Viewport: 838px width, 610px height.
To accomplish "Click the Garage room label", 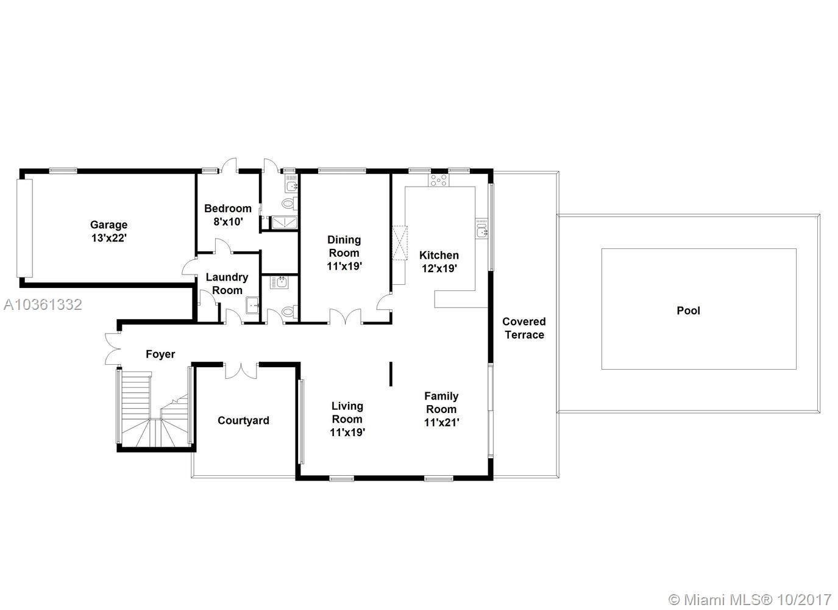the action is [109, 224].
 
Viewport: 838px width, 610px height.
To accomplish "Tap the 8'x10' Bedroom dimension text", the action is [228, 221].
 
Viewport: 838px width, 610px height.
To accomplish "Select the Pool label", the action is [688, 310].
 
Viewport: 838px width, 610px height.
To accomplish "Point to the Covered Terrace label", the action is [524, 328].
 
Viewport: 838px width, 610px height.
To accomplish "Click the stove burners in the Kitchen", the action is [439, 180].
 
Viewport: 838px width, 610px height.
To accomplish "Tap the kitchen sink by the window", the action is [482, 228].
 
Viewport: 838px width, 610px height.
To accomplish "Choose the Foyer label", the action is [160, 354].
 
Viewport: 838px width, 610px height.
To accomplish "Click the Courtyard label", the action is [244, 420].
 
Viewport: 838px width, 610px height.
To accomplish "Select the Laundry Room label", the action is [227, 284].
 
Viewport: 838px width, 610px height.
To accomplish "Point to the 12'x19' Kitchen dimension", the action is [439, 268].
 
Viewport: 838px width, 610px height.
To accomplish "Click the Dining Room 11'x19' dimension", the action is [344, 266].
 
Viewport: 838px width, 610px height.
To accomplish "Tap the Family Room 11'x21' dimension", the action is [441, 422].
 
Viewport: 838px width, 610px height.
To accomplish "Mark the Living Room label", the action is [347, 412].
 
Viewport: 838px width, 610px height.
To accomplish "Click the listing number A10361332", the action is [43, 305].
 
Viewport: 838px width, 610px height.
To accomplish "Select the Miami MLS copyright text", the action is [750, 600].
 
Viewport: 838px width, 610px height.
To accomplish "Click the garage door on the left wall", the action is [25, 228].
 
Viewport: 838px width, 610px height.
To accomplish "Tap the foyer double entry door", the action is [113, 349].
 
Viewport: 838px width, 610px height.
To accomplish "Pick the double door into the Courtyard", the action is [241, 371].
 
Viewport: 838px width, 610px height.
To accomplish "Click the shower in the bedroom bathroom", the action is [284, 222].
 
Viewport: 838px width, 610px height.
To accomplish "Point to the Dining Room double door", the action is [346, 317].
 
